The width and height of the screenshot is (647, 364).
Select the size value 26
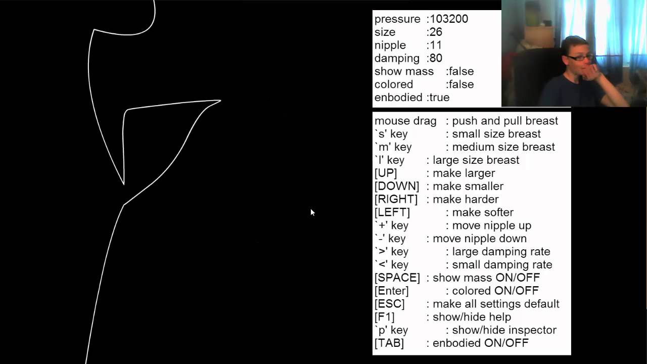(436, 32)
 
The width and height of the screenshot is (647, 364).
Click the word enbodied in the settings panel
(398, 98)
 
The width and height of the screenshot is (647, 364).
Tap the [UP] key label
(386, 173)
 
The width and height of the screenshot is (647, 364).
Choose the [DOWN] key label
(397, 187)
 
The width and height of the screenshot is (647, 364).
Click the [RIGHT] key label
(396, 200)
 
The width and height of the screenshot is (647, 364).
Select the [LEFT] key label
(392, 213)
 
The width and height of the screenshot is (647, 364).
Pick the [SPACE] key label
(397, 278)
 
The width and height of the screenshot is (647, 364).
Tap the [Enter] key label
(391, 291)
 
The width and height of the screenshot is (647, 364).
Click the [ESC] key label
(389, 304)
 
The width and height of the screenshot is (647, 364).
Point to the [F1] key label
(384, 317)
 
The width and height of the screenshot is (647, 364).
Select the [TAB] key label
(389, 343)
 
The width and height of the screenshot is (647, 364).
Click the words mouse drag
(405, 121)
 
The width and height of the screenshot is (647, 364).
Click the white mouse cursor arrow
(312, 212)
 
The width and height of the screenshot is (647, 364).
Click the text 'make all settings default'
(496, 304)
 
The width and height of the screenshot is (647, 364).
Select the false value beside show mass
(461, 72)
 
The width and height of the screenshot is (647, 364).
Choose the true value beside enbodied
(439, 98)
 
